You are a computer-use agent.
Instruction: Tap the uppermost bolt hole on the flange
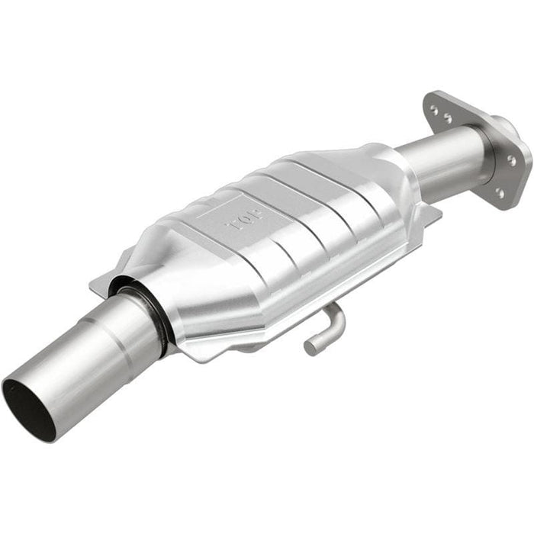(x=433, y=111)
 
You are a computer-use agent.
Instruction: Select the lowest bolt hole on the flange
(x=498, y=194)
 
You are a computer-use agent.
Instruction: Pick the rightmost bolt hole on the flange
(x=511, y=160)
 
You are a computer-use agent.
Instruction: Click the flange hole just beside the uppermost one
(x=446, y=118)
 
